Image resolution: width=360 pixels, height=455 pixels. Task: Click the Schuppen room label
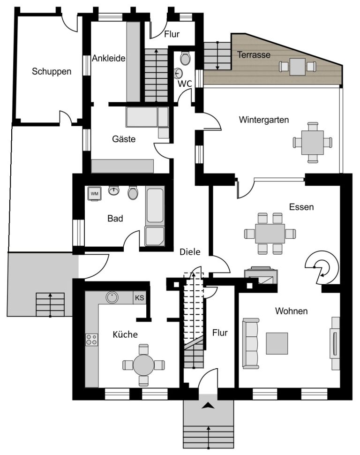click(x=52, y=71)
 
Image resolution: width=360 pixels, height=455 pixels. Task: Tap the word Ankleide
click(x=108, y=58)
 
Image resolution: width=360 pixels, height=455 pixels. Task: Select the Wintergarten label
click(x=264, y=120)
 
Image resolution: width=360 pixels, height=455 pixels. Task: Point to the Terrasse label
click(x=254, y=54)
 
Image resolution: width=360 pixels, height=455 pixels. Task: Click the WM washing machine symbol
click(x=95, y=194)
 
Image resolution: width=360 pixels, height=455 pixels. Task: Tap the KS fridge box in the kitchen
click(x=140, y=298)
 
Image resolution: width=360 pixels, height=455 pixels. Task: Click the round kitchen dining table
click(x=143, y=365)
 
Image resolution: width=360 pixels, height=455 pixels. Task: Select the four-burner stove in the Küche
click(x=91, y=340)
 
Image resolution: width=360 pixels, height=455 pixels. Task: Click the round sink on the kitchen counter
click(x=112, y=297)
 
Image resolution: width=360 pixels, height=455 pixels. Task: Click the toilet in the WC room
click(x=185, y=58)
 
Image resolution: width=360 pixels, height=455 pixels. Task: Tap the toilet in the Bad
click(x=133, y=193)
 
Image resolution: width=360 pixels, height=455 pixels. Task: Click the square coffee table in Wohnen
click(x=277, y=343)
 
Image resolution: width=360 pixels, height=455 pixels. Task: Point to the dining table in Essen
click(x=270, y=234)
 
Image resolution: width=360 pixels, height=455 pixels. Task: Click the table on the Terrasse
click(x=298, y=67)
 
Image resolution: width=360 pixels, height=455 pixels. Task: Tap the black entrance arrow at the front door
click(x=208, y=406)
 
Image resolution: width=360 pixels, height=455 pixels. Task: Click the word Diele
click(x=190, y=251)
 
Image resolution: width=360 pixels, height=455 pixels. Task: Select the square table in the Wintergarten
click(x=313, y=143)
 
